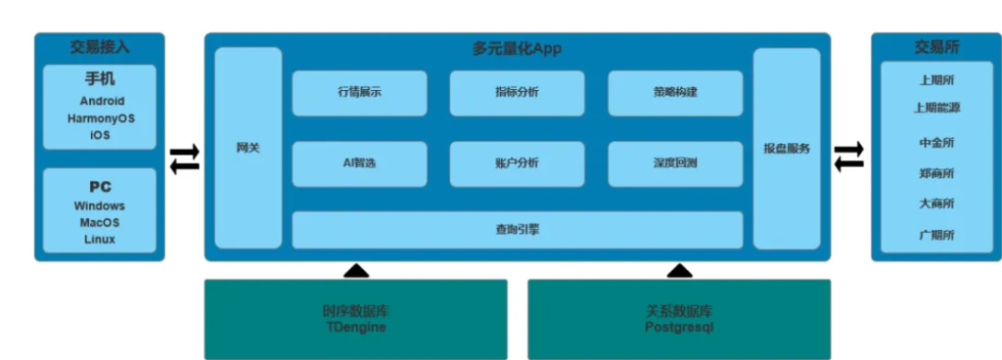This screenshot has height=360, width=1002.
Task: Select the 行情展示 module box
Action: coord(359,93)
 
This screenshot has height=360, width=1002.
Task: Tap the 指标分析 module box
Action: coord(517,93)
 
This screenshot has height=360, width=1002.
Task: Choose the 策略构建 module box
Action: coord(675,93)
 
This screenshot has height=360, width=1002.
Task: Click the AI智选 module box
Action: coord(359,163)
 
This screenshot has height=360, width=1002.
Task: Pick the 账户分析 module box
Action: coord(517,163)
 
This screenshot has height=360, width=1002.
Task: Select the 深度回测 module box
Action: coord(675,163)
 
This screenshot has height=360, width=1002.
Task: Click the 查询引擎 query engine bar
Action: coord(517,230)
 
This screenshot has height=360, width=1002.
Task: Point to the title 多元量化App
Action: coord(517,48)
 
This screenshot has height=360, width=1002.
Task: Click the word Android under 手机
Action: coord(102,101)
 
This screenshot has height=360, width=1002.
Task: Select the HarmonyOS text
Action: coord(102,118)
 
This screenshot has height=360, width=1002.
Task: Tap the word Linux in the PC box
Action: coord(100,240)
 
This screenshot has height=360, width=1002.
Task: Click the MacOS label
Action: coord(100,223)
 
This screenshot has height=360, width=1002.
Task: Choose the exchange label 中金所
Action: coord(936,143)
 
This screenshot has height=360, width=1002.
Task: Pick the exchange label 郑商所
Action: coord(936,173)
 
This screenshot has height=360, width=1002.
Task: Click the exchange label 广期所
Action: coord(936,235)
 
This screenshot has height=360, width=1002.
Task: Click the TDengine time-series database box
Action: coord(355,319)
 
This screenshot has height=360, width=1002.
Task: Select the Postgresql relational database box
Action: coord(679,319)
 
